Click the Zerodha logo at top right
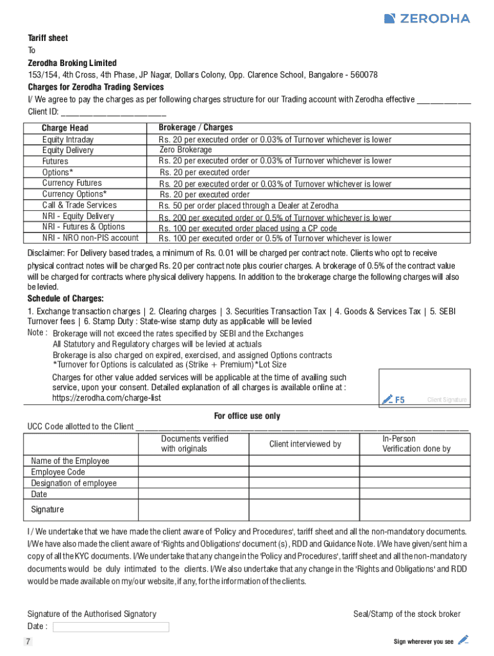[x=427, y=19]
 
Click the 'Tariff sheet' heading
[x=47, y=38]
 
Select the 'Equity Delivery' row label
[x=67, y=151]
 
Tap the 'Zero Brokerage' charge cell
[x=185, y=150]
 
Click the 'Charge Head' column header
[x=65, y=128]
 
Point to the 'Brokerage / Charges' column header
[x=196, y=127]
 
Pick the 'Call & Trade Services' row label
[x=80, y=205]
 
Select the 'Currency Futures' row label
[x=72, y=183]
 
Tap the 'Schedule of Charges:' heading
[x=65, y=299]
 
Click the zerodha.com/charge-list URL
[x=106, y=398]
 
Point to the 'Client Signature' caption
[x=447, y=400]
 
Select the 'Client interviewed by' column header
[x=305, y=444]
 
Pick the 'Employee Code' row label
[x=58, y=472]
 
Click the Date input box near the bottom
[x=111, y=627]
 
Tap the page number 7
[x=28, y=642]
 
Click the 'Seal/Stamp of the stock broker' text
[x=407, y=614]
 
